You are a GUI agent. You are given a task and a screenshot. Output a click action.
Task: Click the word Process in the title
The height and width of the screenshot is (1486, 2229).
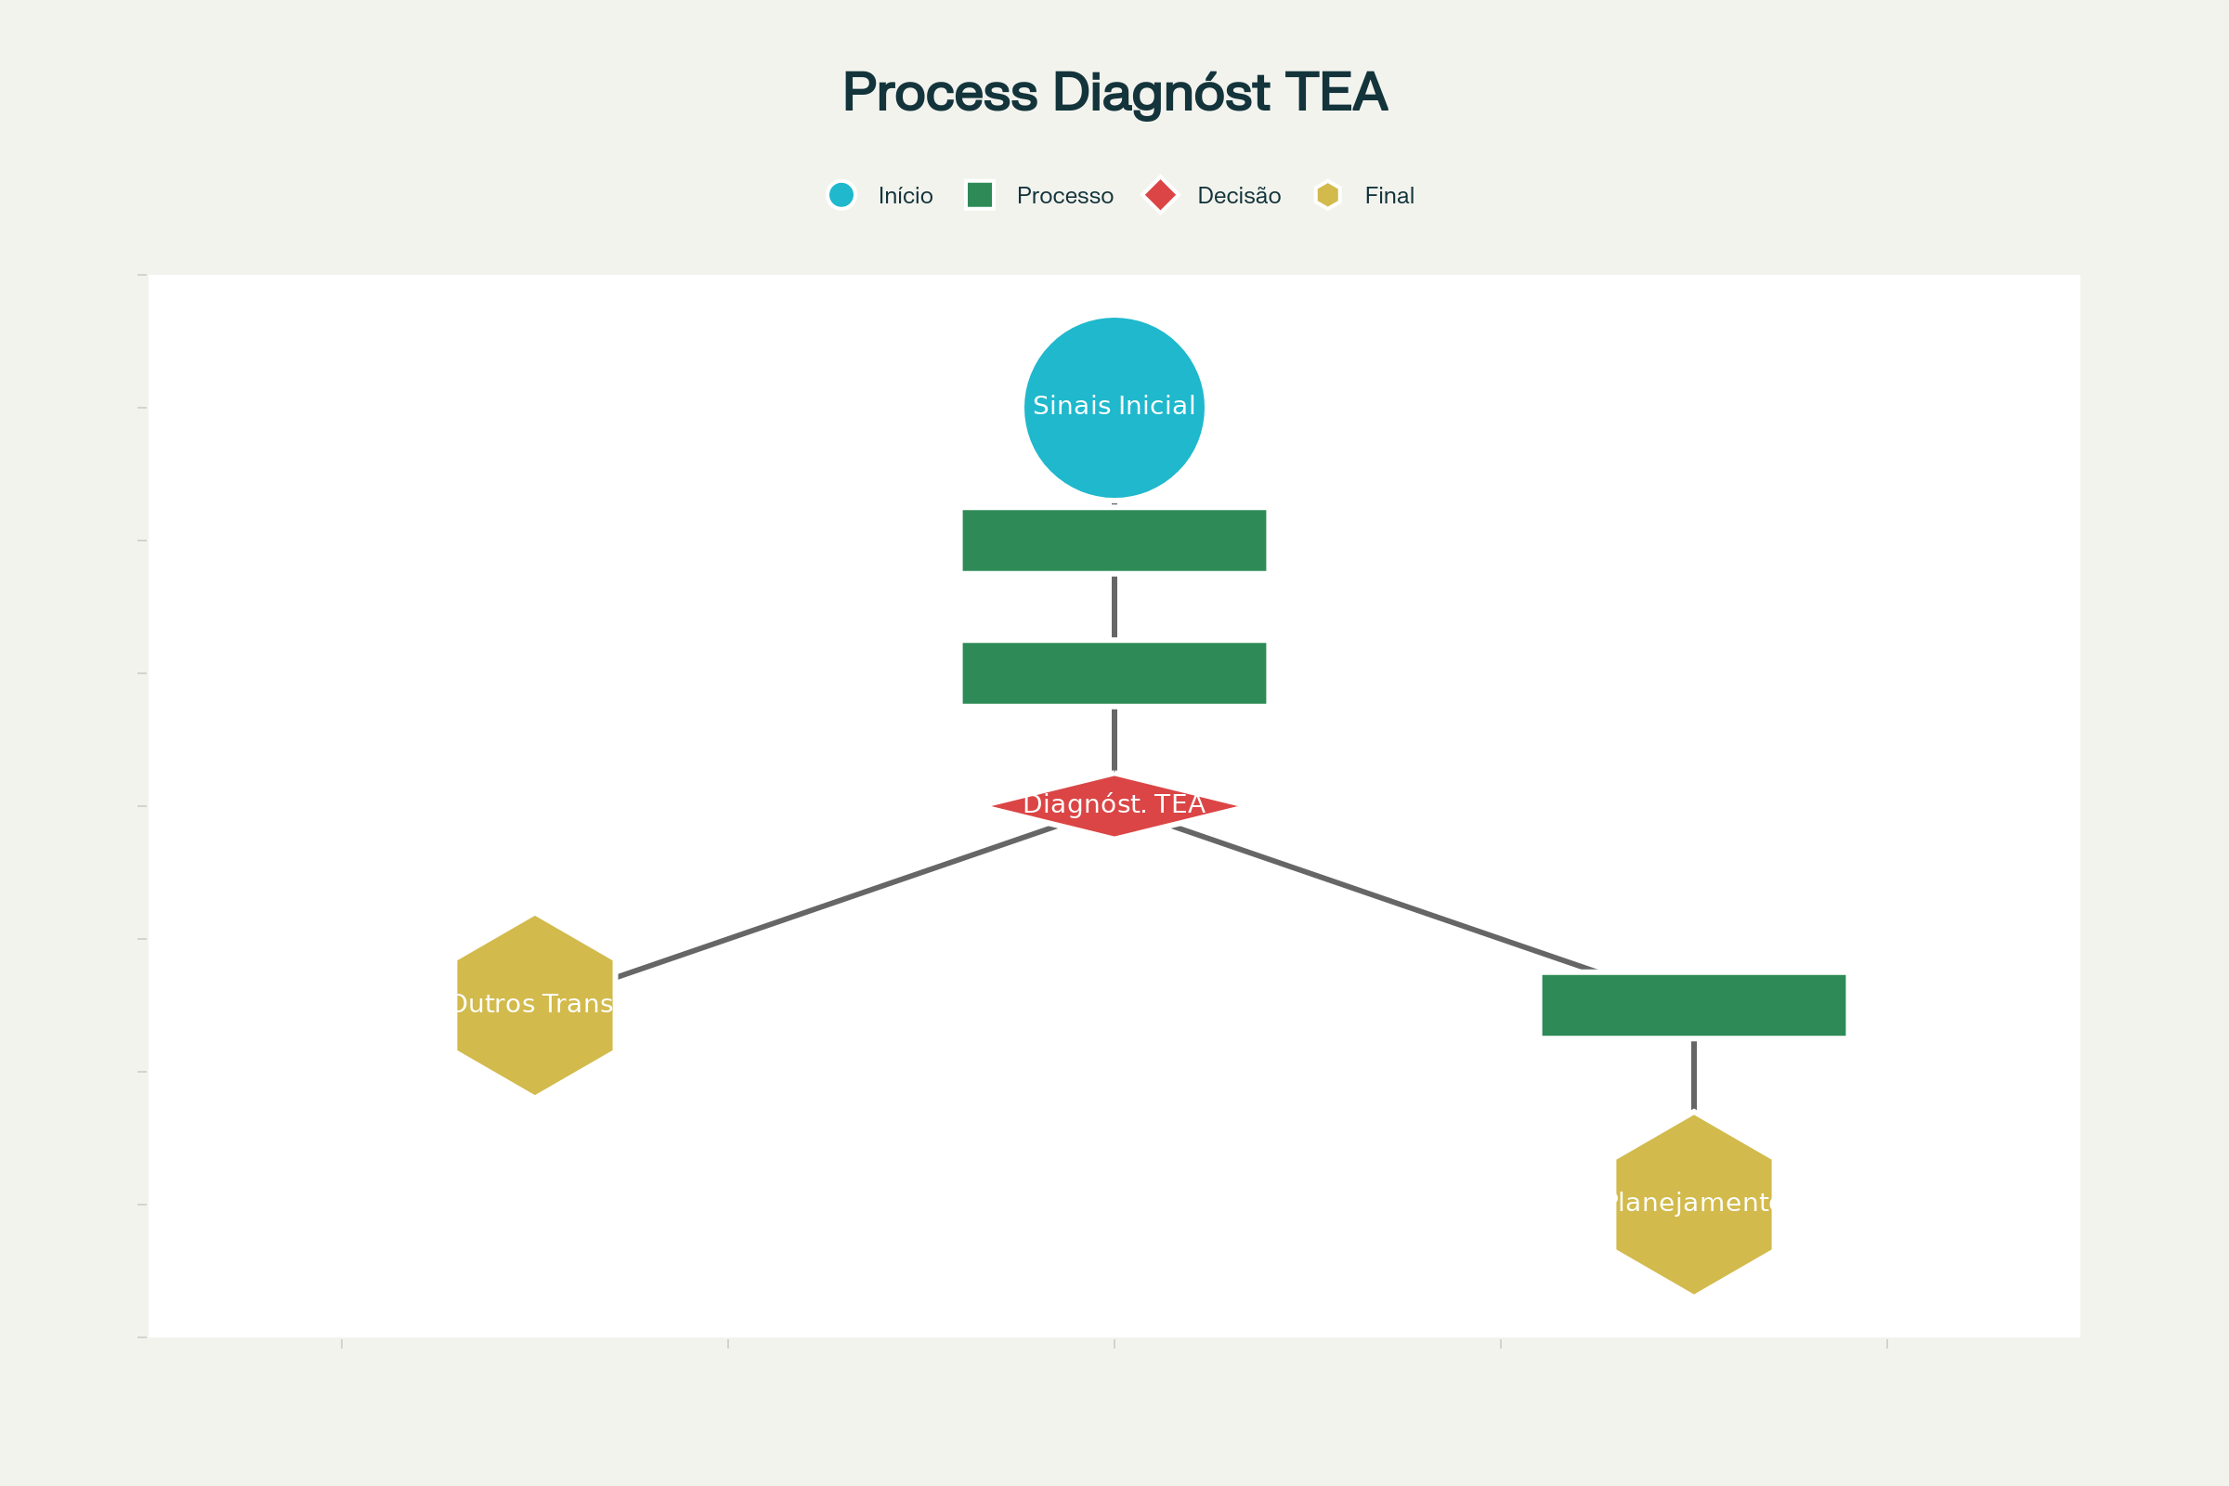pos(939,93)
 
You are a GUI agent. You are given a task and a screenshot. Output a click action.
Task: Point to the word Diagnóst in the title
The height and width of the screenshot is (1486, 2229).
pos(1161,93)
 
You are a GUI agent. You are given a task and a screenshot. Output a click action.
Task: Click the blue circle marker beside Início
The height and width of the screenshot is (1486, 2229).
pos(841,195)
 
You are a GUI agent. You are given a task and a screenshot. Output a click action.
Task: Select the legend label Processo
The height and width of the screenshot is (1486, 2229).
pos(1064,196)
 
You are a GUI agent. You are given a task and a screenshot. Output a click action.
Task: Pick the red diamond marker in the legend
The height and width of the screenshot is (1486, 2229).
pos(1160,195)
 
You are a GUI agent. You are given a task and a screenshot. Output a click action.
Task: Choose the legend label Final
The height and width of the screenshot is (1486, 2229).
pos(1388,196)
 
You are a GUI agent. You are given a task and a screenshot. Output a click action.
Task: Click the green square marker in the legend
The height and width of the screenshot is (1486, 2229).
pos(979,195)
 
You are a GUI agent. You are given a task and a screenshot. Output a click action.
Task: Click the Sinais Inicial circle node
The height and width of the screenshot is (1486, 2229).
pos(1114,408)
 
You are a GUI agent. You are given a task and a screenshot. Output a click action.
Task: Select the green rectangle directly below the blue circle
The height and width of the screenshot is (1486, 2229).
pos(1114,541)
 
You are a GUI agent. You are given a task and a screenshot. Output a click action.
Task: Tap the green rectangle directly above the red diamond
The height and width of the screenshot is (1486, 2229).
pos(1114,672)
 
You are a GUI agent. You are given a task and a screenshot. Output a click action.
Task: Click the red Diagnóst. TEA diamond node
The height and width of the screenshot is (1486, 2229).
pos(1114,806)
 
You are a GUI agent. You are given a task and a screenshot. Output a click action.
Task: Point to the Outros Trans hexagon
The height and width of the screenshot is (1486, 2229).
pos(535,1006)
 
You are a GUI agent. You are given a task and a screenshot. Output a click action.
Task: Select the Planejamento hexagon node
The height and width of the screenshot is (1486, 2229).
pos(1693,1205)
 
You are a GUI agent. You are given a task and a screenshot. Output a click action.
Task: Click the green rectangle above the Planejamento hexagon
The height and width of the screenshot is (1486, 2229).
pos(1693,1006)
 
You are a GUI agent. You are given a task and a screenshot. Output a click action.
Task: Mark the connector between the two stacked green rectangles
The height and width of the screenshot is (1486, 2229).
pos(1114,606)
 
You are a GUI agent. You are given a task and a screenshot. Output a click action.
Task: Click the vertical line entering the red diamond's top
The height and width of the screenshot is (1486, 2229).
pos(1114,739)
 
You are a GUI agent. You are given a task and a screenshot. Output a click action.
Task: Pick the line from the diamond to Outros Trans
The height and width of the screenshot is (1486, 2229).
pos(834,902)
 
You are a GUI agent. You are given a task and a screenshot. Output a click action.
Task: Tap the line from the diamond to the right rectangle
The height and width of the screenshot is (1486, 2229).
pos(1384,899)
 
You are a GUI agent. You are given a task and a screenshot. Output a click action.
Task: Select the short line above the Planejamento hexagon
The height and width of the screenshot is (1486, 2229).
pos(1693,1075)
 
